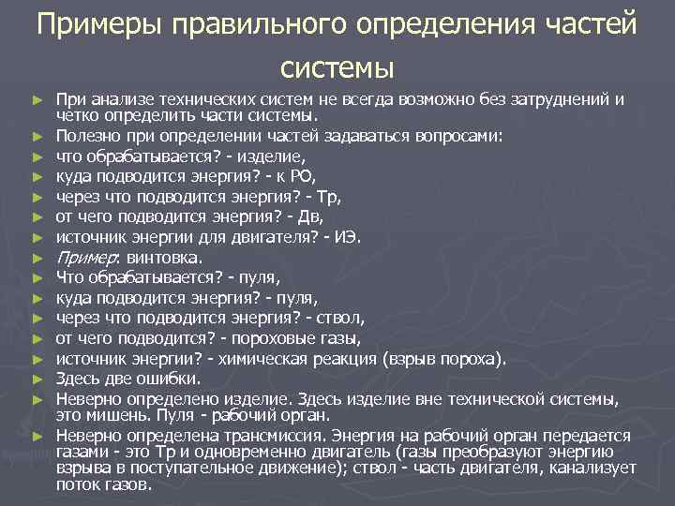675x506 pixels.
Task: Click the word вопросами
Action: coord(459,135)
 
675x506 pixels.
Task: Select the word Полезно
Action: coord(84,135)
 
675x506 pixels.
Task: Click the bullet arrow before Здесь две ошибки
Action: coord(37,379)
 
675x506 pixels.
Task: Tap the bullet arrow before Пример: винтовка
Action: coord(37,258)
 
